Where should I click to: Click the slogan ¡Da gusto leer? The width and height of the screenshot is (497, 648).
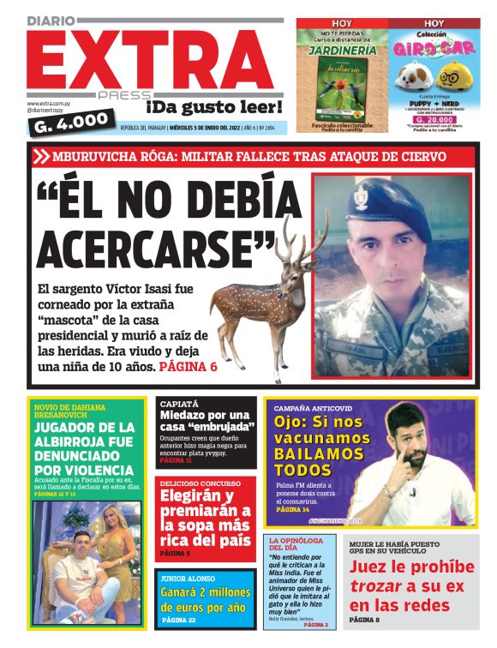point(213,107)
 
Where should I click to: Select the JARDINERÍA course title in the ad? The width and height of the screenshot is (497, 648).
point(343,48)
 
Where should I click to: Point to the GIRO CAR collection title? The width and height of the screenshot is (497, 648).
point(434,49)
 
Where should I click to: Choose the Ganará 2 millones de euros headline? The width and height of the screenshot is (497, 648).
point(206,598)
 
